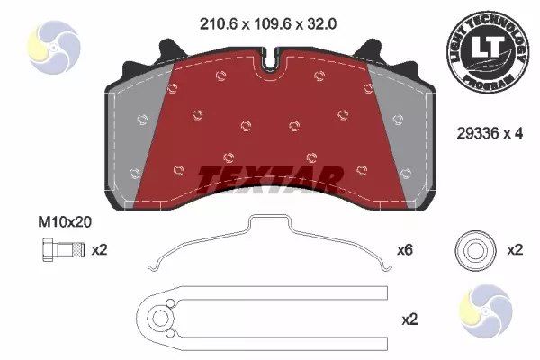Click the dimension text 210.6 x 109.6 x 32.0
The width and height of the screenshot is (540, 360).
268,24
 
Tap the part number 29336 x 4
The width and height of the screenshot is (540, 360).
490,133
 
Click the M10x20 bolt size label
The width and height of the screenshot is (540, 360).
65,222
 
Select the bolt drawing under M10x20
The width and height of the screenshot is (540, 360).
63,250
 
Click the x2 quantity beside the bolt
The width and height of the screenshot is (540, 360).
100,250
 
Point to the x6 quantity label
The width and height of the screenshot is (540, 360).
405,250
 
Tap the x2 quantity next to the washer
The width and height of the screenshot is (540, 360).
515,250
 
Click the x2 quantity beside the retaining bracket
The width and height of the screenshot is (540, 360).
409,319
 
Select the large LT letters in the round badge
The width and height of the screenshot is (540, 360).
488,48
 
